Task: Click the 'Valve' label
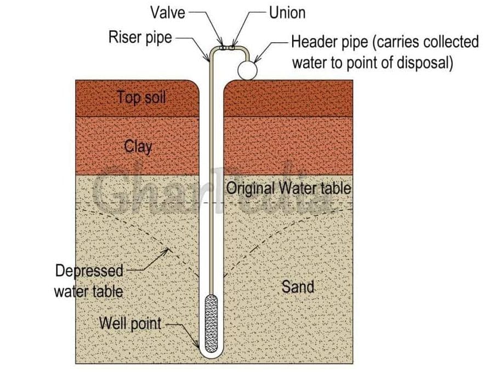click(168, 13)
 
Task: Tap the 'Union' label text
click(287, 13)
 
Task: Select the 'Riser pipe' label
click(140, 38)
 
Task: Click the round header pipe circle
click(247, 70)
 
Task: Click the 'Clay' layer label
click(138, 147)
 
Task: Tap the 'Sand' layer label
click(298, 287)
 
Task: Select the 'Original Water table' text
click(288, 188)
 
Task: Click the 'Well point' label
click(130, 324)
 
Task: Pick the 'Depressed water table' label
click(89, 281)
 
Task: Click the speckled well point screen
click(211, 324)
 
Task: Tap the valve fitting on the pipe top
click(224, 48)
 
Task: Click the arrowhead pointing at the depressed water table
click(166, 251)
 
